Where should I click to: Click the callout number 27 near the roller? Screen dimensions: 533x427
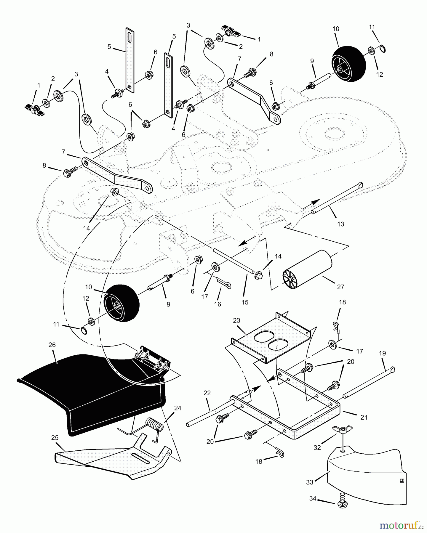(340, 287)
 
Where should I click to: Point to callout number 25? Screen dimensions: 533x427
(55, 438)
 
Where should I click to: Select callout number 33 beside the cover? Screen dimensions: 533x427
(310, 482)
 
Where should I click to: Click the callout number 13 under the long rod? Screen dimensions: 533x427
(340, 224)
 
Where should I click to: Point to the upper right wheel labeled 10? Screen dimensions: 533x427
(348, 64)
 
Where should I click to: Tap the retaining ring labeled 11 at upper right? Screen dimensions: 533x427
(382, 49)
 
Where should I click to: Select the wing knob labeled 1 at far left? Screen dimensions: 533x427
(35, 110)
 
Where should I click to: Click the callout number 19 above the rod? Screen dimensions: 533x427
(382, 353)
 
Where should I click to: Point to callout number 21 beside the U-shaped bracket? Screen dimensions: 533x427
(364, 417)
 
